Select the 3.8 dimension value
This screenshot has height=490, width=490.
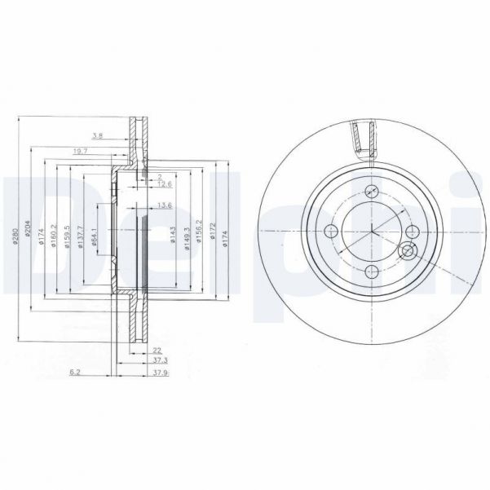(98, 135)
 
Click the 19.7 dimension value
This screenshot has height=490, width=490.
(79, 151)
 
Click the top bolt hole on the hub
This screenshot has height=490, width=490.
(372, 191)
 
